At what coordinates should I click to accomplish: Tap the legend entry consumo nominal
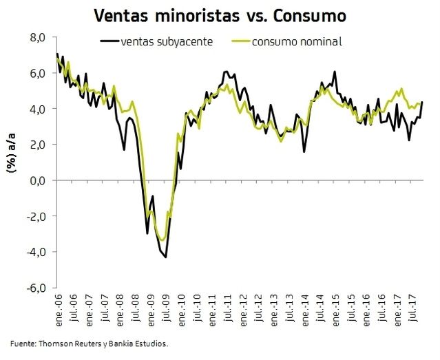tap(297, 41)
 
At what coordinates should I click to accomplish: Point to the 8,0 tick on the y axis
tap(36, 37)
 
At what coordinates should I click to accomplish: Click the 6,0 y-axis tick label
tap(36, 73)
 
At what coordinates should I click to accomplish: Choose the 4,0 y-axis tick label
tap(36, 109)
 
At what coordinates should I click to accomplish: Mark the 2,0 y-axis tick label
tap(36, 145)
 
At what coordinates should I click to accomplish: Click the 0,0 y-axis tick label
tap(36, 180)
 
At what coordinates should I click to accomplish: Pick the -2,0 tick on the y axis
tap(35, 216)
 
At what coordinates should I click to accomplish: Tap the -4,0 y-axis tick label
tap(35, 252)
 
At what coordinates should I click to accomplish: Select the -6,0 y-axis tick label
tap(35, 288)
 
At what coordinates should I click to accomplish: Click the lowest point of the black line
tap(166, 257)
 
